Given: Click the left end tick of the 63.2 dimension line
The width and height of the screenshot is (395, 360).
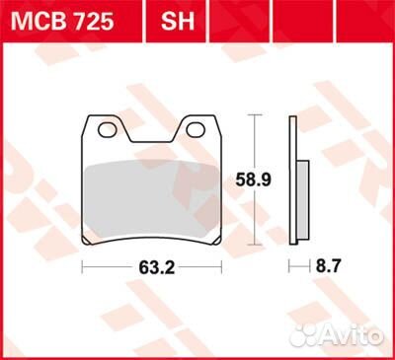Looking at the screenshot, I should [82, 267].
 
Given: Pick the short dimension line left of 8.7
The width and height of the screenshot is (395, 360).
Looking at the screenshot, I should [297, 267].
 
